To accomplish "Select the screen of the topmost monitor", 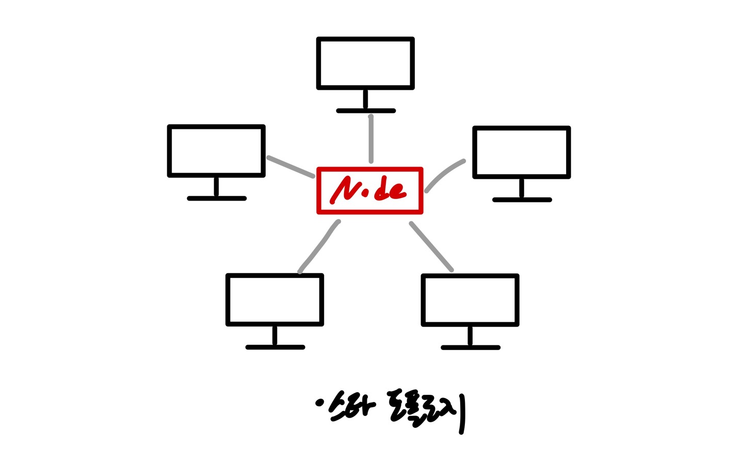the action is (x=365, y=63).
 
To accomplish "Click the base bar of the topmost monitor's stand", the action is (x=365, y=111).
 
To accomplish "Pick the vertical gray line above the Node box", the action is (x=370, y=139).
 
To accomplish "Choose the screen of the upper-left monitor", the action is (x=216, y=151).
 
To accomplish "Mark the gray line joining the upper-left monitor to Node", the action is (x=290, y=167).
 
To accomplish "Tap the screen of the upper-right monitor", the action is (x=521, y=153).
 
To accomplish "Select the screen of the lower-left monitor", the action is (x=274, y=300).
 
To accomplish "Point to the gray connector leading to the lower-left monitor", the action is (x=319, y=246).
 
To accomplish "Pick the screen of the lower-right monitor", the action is (x=470, y=300).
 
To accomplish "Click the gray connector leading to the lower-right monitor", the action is (x=431, y=246).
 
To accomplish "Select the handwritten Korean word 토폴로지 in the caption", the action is (x=426, y=411).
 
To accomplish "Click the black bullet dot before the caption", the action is (x=319, y=403).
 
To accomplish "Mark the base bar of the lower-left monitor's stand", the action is (x=275, y=347).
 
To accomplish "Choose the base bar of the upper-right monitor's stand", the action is (x=522, y=200).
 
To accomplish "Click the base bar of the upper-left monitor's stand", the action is (x=217, y=198).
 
